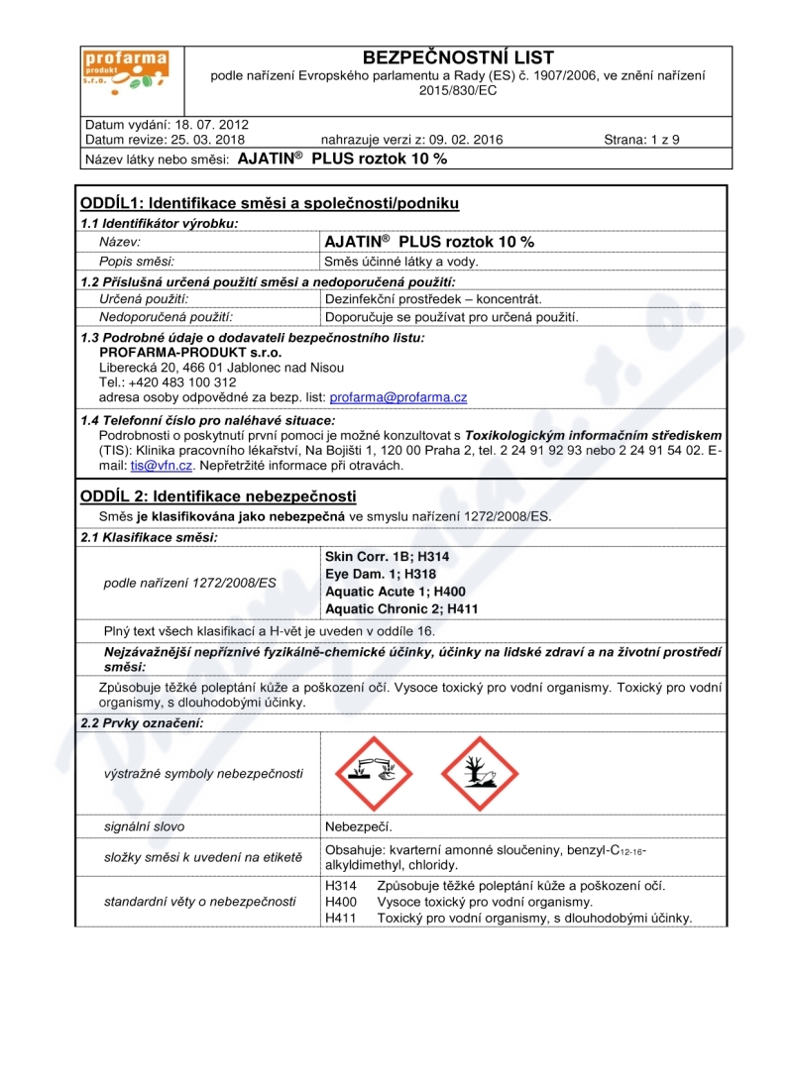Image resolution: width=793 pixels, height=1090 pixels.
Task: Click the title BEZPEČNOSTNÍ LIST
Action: tap(458, 57)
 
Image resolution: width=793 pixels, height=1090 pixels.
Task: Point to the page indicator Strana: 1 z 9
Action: tap(641, 140)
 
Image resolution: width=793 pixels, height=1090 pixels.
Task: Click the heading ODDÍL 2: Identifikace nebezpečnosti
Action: tap(218, 495)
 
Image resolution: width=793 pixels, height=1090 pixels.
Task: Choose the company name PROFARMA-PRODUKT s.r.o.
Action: tap(191, 352)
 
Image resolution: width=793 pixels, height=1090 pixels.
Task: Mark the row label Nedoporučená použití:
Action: tap(166, 317)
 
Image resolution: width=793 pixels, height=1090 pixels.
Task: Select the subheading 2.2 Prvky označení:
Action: tap(142, 722)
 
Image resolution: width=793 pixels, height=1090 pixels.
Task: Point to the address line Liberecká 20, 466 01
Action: tap(170, 367)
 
